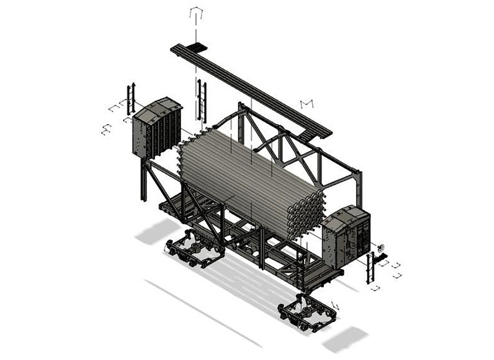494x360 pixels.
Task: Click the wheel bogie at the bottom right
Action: (307, 311)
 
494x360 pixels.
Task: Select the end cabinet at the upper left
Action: (157, 128)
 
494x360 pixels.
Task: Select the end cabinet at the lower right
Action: (346, 237)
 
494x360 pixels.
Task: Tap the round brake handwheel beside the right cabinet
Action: (381, 248)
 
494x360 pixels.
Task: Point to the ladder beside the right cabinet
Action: (370, 267)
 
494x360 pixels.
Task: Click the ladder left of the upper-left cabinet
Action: (131, 99)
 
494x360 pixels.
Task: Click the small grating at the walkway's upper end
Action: (196, 48)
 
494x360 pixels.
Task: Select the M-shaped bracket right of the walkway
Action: (307, 104)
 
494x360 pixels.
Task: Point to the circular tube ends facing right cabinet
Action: (306, 213)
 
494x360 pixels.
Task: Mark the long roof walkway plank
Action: (247, 87)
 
